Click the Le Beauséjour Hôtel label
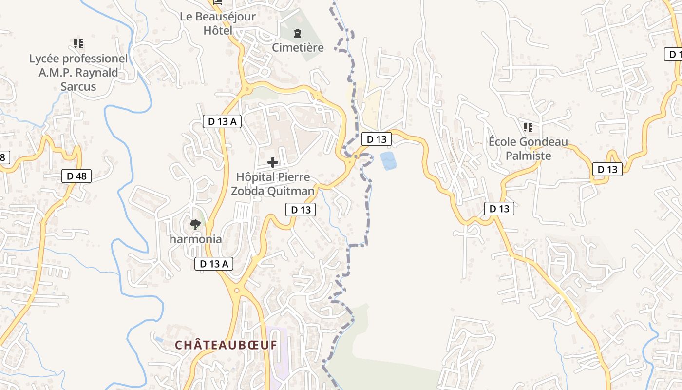point(218,23)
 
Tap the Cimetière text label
point(298,48)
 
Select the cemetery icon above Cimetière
point(298,34)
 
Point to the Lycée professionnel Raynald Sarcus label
point(78,73)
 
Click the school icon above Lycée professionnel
point(78,44)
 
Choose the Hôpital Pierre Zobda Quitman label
point(273,184)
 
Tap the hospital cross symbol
point(273,162)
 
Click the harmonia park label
point(195,239)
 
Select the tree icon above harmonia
point(195,225)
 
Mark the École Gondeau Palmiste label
point(528,149)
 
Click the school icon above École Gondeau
point(528,127)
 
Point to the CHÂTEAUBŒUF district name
point(226,345)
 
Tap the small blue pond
point(388,160)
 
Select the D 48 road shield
point(77,176)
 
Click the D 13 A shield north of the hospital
point(222,121)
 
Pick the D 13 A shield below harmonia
point(214,264)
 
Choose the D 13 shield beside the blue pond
point(376,139)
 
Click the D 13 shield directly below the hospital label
point(301,210)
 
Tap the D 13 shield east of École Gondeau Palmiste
point(607,169)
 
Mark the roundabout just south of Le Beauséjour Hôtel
point(245,89)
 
